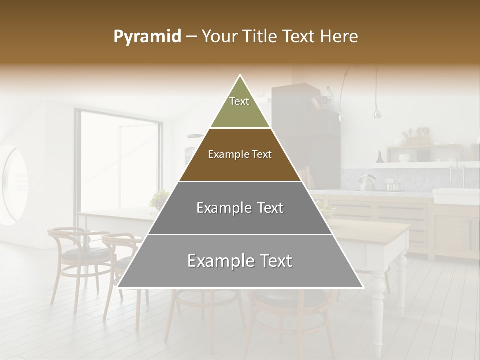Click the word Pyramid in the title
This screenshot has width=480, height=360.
pos(147,37)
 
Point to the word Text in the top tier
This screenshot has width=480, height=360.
pos(239,101)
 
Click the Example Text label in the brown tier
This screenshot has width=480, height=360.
pos(240,154)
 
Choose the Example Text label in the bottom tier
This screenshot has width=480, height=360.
pos(240,261)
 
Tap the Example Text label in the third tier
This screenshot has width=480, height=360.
pos(240,208)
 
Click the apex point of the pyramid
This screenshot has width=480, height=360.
pos(240,75)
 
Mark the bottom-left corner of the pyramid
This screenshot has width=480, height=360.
pos(117,287)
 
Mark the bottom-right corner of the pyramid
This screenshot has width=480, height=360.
pos(363,287)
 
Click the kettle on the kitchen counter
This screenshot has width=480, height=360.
pos(367,183)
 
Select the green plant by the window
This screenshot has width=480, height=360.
pos(159,199)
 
